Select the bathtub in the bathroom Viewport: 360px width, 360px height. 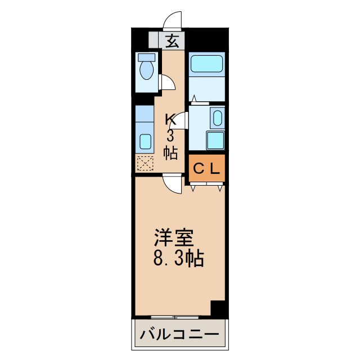pos(206,63)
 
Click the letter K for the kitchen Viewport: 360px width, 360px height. pos(171,119)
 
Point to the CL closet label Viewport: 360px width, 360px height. pos(206,168)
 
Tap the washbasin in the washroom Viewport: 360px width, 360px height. pos(217,118)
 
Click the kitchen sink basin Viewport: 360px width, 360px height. pos(146,141)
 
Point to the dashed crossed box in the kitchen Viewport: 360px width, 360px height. pos(145,164)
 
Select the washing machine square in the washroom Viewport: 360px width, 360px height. pos(215,140)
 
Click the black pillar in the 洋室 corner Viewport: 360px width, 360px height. pos(218,309)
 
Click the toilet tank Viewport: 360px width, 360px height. pos(147,57)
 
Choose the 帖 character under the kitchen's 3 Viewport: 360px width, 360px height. pos(171,152)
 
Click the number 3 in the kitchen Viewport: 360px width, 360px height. pos(171,136)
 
